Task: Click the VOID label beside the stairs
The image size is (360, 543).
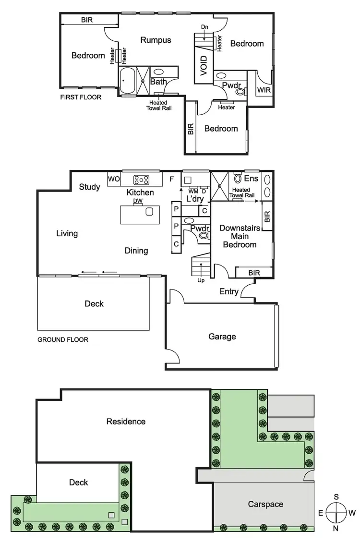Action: pyautogui.click(x=204, y=66)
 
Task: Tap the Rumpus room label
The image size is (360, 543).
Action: pyautogui.click(x=156, y=40)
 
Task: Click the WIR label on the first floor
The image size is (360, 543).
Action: pyautogui.click(x=263, y=90)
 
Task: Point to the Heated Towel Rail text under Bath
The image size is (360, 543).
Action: pyautogui.click(x=158, y=105)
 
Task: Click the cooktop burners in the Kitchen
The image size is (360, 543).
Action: pyautogui.click(x=141, y=180)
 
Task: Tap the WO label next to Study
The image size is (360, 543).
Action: pyautogui.click(x=114, y=179)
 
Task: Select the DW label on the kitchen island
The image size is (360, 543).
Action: pyautogui.click(x=138, y=201)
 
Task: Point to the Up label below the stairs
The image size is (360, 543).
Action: pyautogui.click(x=201, y=280)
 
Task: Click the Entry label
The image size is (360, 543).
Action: pyautogui.click(x=229, y=291)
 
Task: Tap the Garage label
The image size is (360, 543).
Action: pyautogui.click(x=222, y=337)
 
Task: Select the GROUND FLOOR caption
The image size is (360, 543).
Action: pyautogui.click(x=63, y=339)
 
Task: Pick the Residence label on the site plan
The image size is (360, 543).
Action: pyautogui.click(x=126, y=422)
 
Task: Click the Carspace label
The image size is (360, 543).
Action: pyautogui.click(x=265, y=504)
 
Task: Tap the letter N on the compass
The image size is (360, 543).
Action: pyautogui.click(x=336, y=528)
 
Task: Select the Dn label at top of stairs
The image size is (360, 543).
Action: pyautogui.click(x=204, y=27)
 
